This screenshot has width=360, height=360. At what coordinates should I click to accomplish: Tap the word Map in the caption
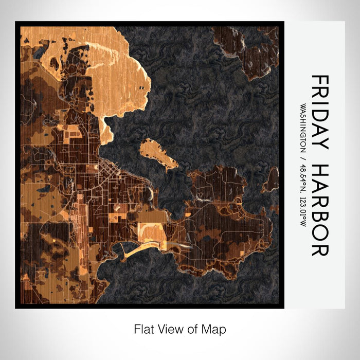[215, 329]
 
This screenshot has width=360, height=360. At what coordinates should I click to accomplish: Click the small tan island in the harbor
[157, 154]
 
